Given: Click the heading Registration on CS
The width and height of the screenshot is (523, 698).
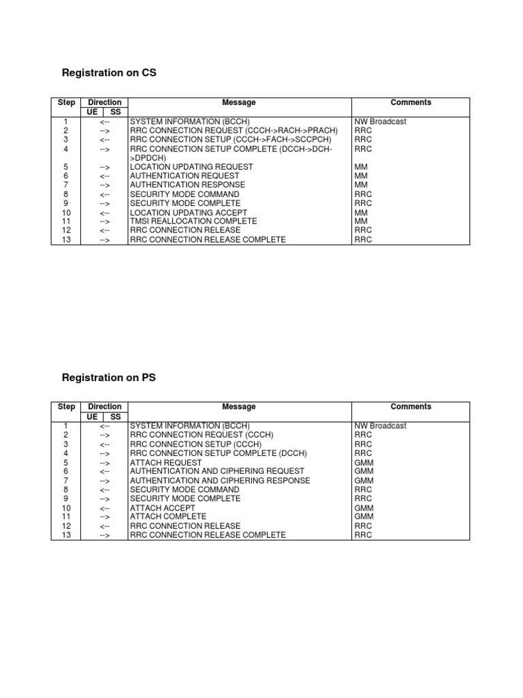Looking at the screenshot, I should pos(109,73).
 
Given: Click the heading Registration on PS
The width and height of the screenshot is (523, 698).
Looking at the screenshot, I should pos(109,377).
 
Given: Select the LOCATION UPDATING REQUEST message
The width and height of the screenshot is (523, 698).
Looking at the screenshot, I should pos(191,167).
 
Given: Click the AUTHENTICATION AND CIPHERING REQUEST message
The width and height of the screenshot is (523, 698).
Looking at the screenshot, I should pos(217,471).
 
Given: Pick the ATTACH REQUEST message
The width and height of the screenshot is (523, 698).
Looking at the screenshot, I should pos(165,462).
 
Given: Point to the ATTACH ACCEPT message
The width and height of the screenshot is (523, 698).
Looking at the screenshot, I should pos(162,508).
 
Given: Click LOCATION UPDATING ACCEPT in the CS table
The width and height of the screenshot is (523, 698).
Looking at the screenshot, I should pos(189,213).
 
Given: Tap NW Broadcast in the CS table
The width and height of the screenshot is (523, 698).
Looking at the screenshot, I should pos(380,121).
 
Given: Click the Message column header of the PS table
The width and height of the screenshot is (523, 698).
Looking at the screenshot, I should pos(239,407).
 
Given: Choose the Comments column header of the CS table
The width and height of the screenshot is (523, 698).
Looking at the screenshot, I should pos(411,103).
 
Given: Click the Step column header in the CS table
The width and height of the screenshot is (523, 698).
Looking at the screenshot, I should pos(67,103).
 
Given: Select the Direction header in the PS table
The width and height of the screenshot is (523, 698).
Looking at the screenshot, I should pos(105,407).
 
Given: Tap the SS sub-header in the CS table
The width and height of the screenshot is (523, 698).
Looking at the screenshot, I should pos(116,112).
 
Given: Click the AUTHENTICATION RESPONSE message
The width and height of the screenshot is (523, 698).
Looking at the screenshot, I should pos(187,185).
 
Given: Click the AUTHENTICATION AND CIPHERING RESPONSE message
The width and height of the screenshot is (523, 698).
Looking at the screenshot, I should pos(220,481).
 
